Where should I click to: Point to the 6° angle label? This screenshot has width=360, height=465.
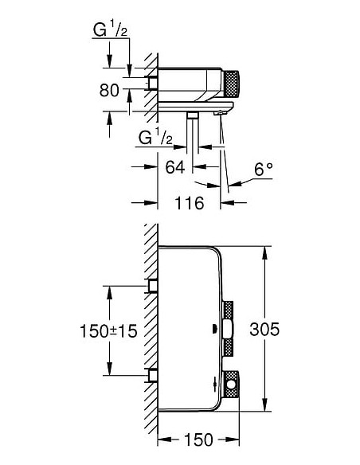point(263,170)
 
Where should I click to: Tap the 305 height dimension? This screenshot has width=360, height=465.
point(264,329)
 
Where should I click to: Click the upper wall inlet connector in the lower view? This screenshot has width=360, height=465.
point(151,285)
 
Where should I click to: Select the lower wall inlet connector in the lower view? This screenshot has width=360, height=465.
point(151,374)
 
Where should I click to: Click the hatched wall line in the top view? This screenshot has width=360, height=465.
point(148,88)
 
